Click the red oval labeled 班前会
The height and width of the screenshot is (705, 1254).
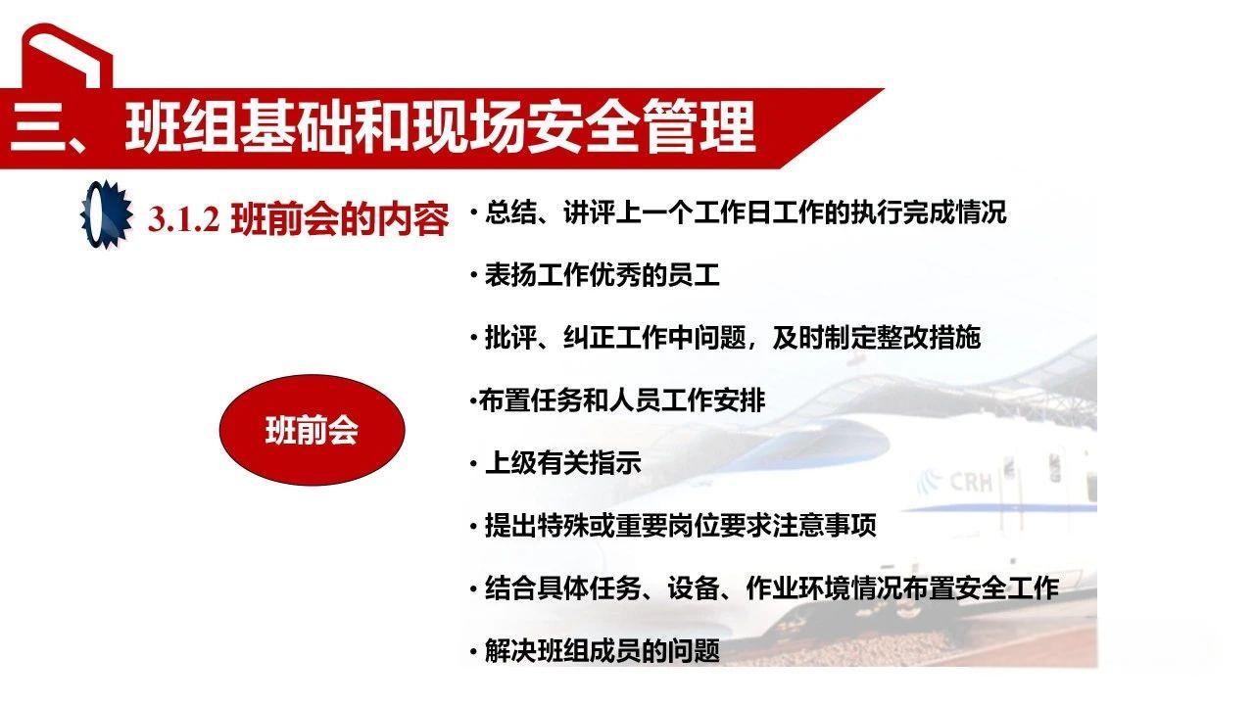[311, 431]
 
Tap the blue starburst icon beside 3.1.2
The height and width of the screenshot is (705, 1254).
[105, 214]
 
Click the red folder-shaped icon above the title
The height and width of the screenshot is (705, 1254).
[67, 58]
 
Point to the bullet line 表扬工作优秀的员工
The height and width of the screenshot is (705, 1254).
[602, 275]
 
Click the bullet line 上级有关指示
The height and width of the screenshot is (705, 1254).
[562, 463]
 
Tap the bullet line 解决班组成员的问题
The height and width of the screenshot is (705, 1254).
[602, 651]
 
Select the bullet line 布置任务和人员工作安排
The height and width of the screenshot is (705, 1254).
[621, 400]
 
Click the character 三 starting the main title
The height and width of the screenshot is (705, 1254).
[39, 127]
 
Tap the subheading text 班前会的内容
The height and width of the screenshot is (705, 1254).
[340, 220]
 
